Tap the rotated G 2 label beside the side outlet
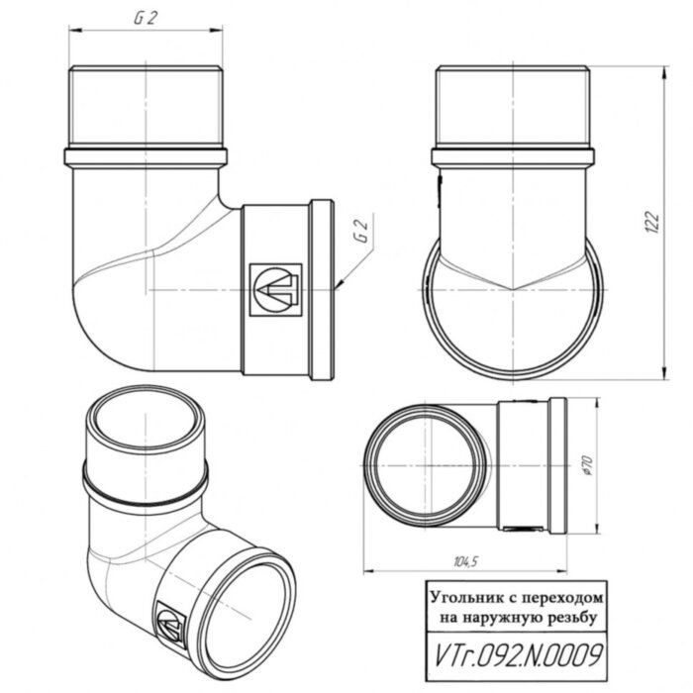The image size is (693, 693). [360, 233]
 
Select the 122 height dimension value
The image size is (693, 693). [650, 223]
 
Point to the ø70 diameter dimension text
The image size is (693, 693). [587, 463]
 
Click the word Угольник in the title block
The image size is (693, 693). [463, 599]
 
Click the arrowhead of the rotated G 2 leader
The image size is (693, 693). [340, 285]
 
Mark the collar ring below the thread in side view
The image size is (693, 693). [514, 156]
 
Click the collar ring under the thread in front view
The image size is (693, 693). [146, 156]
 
